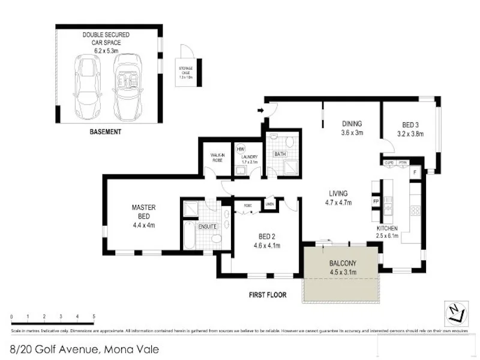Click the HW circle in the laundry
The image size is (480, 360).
[241, 149]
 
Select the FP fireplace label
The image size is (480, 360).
[376, 202]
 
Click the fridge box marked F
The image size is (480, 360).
[415, 172]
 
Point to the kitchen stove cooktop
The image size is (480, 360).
[413, 210]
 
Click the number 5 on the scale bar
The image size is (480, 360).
[94, 316]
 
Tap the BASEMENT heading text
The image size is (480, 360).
[105, 132]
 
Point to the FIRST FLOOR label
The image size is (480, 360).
[267, 295]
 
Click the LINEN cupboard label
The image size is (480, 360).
[269, 204]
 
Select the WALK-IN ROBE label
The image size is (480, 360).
[217, 157]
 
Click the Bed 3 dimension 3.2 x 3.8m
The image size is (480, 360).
[410, 134]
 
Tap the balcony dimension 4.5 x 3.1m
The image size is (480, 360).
[343, 272]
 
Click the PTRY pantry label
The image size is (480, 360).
[403, 163]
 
